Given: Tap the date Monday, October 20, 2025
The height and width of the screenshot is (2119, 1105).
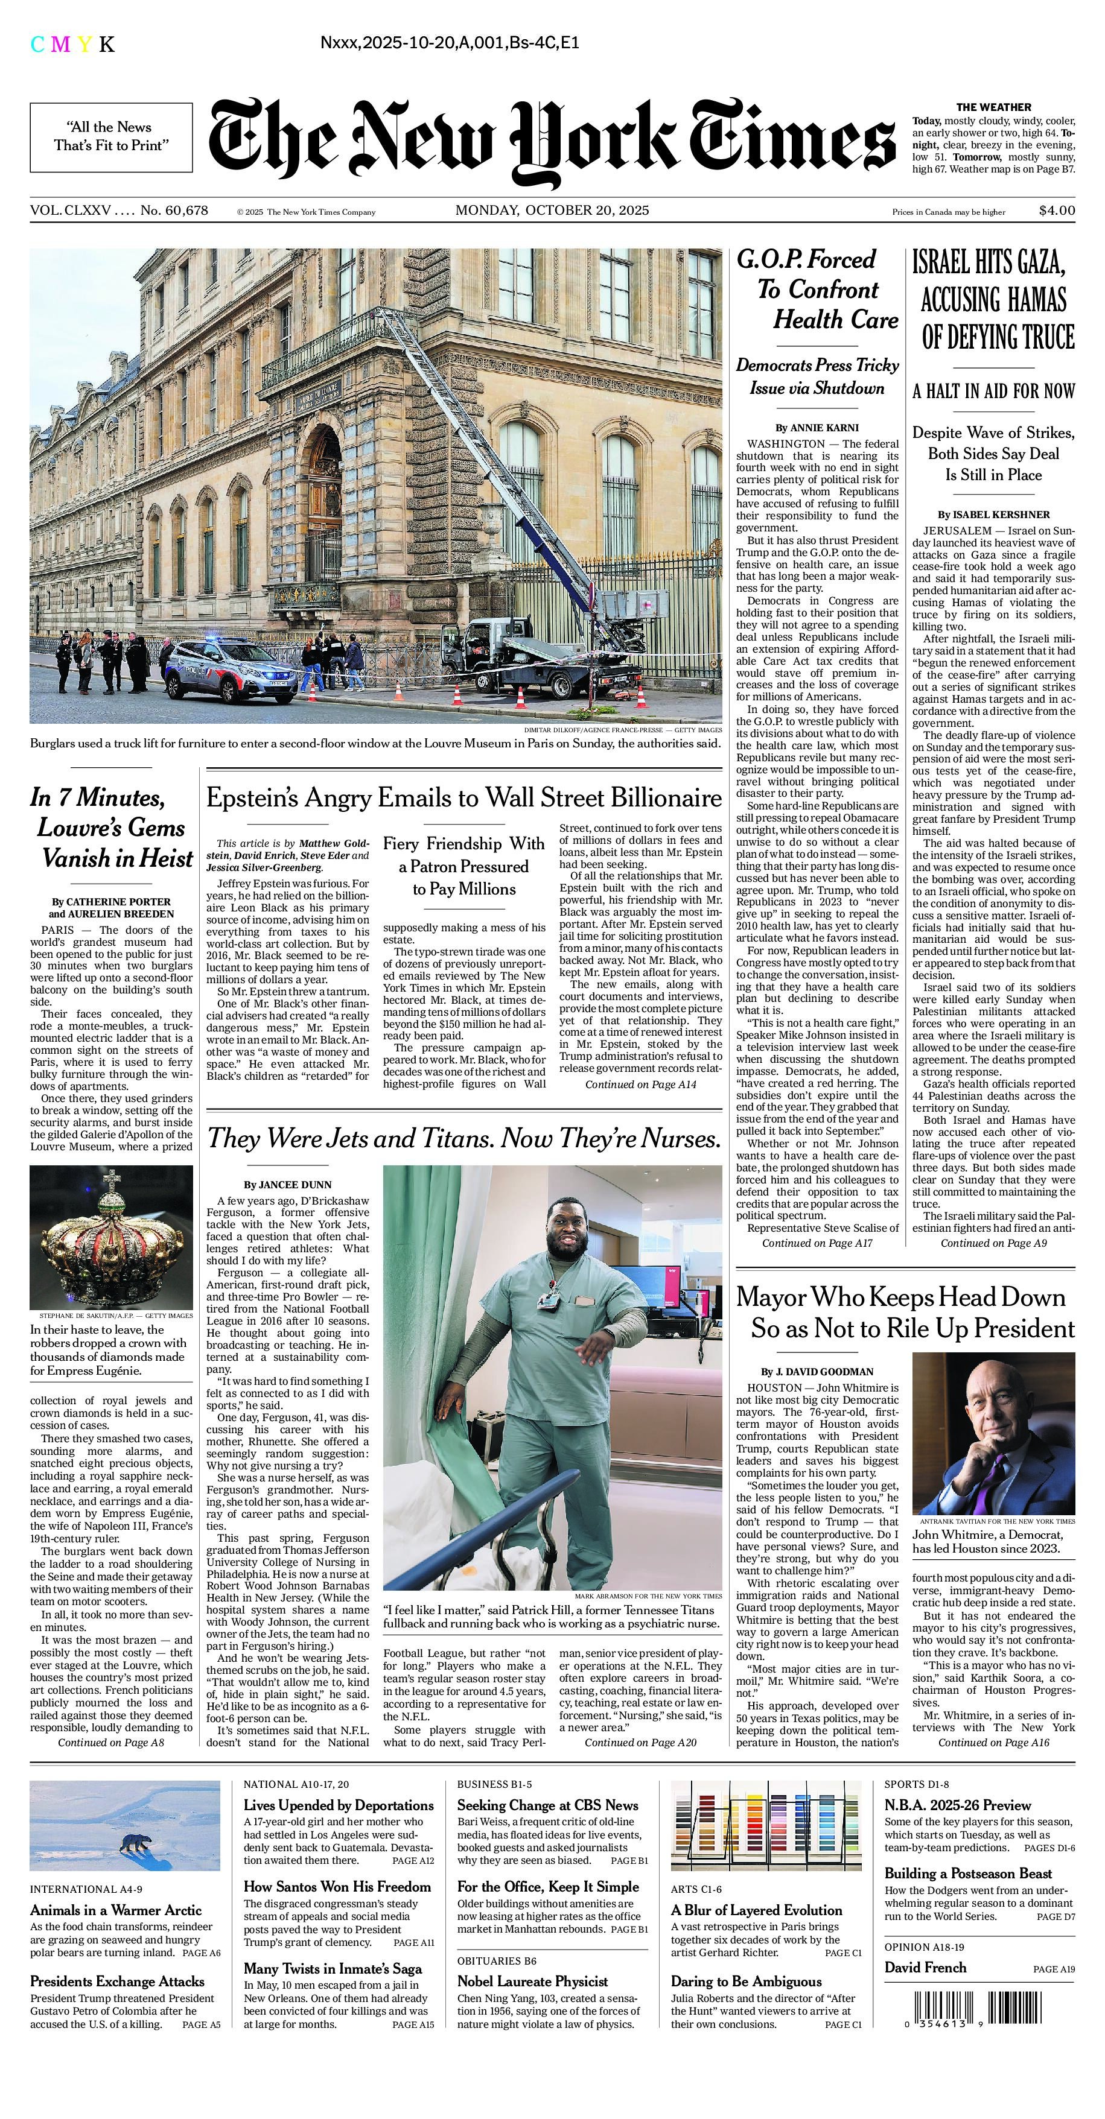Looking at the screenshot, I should (x=552, y=210).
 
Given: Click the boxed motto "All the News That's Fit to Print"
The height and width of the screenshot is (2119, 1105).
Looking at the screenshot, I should (x=111, y=136).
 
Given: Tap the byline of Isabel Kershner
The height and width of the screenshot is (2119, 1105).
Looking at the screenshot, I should (x=994, y=515).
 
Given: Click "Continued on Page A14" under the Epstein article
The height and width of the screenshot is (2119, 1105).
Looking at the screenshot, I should (x=640, y=1085).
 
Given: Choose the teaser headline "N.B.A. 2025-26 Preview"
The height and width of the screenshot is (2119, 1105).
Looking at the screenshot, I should (x=957, y=1805).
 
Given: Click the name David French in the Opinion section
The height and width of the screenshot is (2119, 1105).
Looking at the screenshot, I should (x=925, y=1968).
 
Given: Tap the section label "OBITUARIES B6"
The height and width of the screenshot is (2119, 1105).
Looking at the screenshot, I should (x=496, y=1960).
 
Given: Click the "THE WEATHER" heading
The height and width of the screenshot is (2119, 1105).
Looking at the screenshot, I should (x=993, y=107).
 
